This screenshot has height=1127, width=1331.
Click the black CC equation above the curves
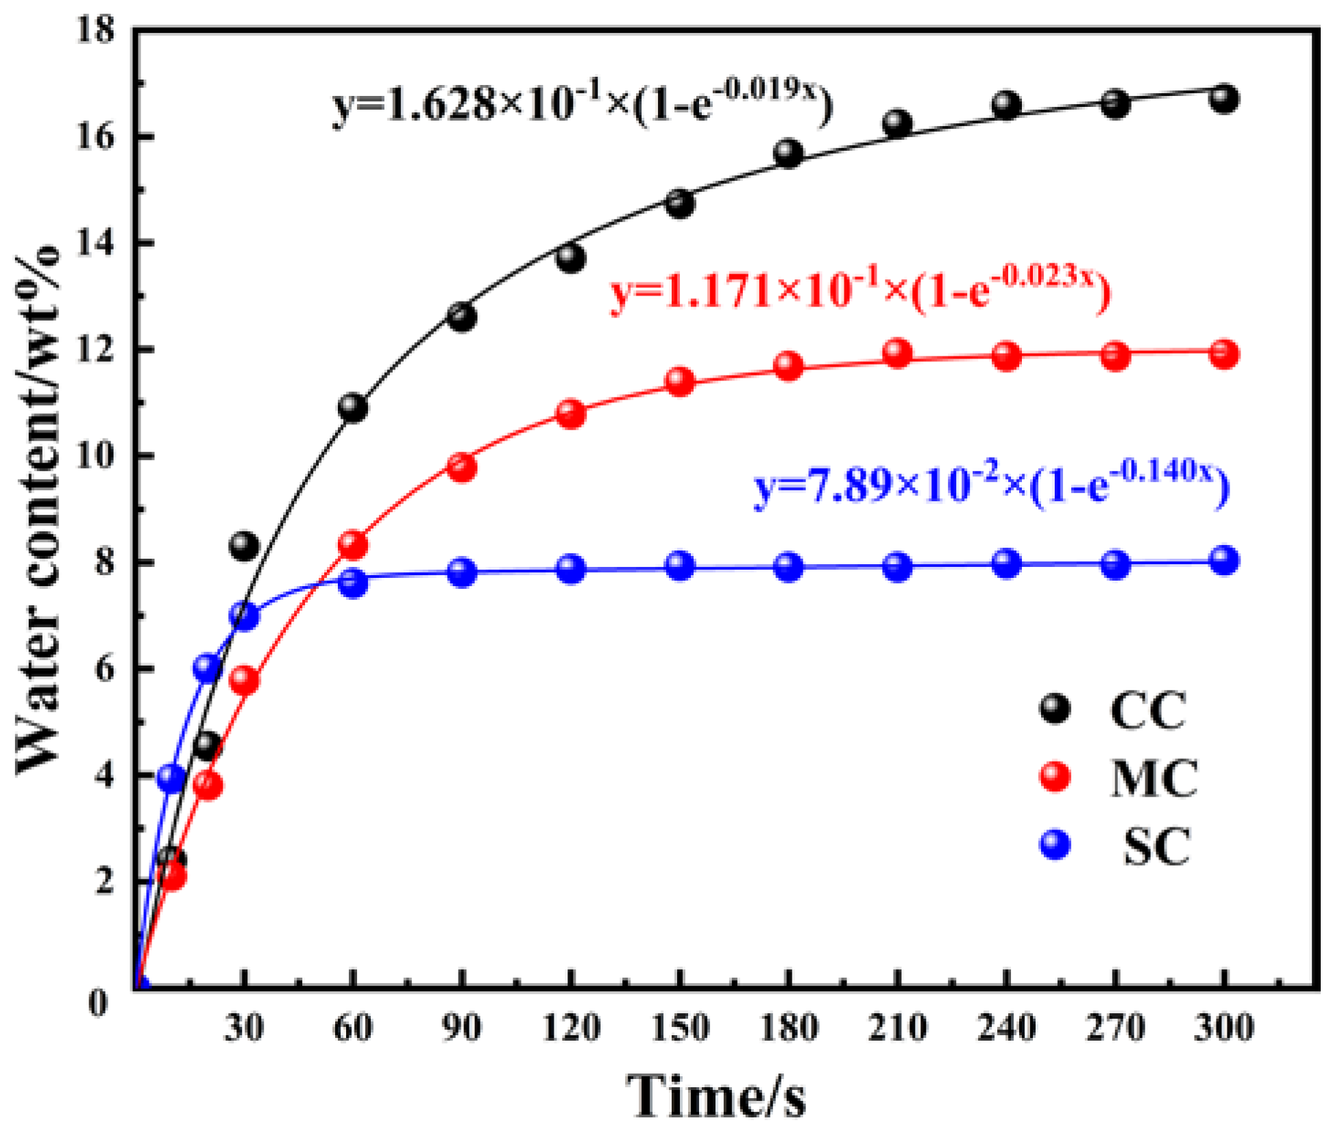(583, 103)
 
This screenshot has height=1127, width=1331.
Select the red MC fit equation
(860, 291)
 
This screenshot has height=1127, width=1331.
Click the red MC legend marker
(1055, 777)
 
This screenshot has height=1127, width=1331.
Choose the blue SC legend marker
(1055, 845)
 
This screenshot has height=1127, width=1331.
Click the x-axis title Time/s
(716, 1095)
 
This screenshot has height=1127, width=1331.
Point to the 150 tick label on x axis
(679, 1028)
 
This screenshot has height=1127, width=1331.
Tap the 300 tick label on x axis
(1224, 1028)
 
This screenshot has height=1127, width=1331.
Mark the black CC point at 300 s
(1224, 99)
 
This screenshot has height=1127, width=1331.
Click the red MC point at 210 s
(897, 353)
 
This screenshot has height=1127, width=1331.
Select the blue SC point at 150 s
(679, 566)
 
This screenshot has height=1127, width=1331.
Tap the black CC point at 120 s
(571, 258)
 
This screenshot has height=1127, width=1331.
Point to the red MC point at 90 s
(462, 468)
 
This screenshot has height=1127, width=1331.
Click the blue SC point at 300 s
(1224, 561)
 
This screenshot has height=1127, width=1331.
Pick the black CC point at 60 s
(353, 408)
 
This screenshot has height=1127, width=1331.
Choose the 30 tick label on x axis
(244, 1028)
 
